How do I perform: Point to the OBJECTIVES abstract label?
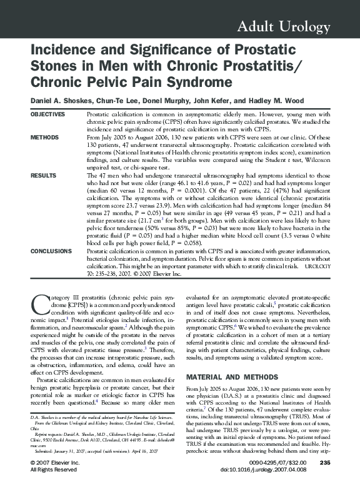click(47, 115)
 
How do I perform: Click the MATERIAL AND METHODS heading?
click(231, 377)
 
